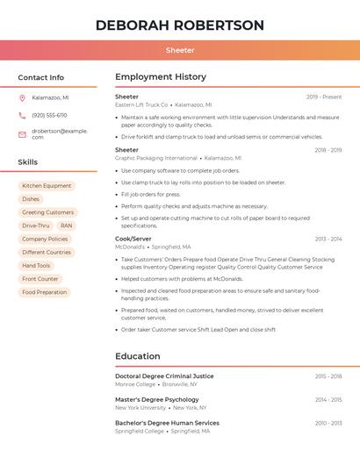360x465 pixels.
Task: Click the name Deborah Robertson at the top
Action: click(179, 25)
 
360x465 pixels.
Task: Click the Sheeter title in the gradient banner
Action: click(179, 51)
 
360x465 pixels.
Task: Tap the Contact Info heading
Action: click(40, 77)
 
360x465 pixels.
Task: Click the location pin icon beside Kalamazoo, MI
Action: click(22, 97)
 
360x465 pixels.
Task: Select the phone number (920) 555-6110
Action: click(49, 115)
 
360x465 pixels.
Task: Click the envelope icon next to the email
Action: click(22, 134)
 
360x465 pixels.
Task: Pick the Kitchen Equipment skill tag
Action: click(47, 186)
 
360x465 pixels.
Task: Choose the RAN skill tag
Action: click(67, 225)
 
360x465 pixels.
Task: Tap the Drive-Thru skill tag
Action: click(36, 225)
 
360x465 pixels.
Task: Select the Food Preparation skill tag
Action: click(44, 292)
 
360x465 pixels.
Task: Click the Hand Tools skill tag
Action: click(36, 266)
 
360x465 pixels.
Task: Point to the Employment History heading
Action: click(161, 77)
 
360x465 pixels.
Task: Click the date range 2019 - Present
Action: click(324, 97)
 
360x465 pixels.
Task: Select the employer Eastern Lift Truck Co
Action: click(141, 104)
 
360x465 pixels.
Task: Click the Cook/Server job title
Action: click(133, 239)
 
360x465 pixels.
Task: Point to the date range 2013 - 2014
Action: click(328, 239)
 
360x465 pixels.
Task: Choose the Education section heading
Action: click(138, 356)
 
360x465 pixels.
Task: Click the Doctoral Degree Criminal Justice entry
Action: click(164, 376)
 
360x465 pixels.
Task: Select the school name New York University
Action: click(140, 407)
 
